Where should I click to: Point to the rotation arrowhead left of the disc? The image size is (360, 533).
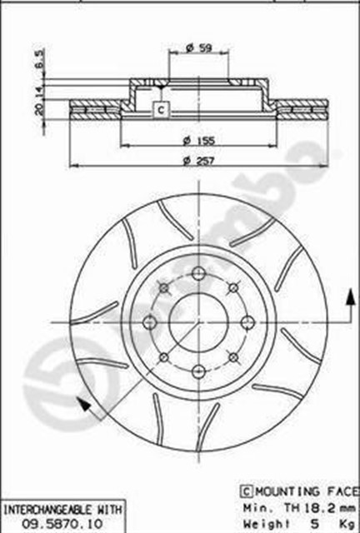tap(81, 405)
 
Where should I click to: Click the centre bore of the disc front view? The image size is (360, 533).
tap(197, 321)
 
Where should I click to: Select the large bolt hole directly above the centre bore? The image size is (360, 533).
tap(197, 274)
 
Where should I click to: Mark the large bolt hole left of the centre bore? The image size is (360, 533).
tap(150, 321)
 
